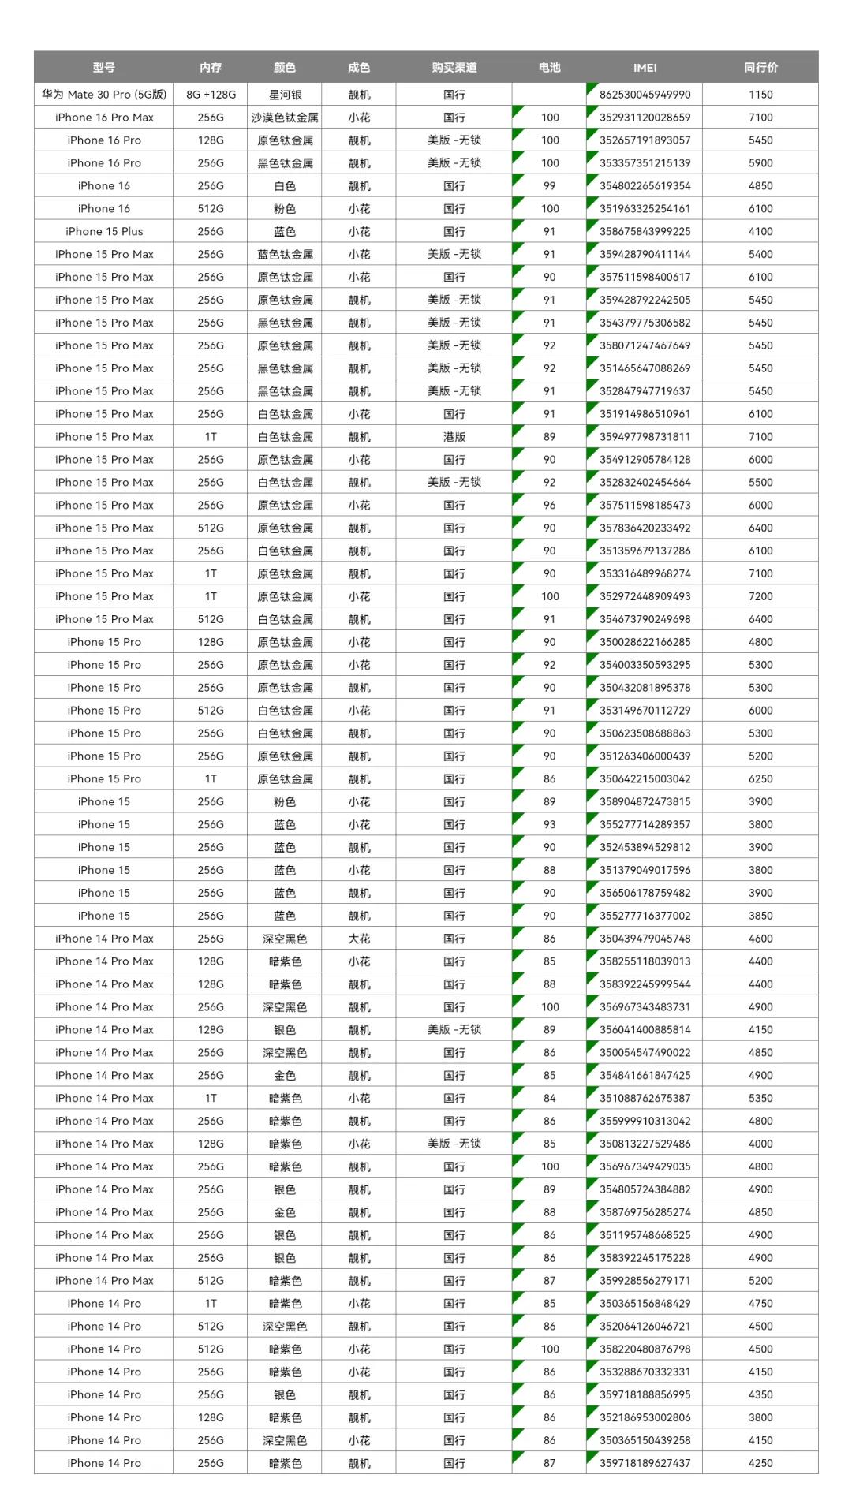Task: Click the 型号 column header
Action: click(x=103, y=68)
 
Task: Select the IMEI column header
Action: click(x=645, y=68)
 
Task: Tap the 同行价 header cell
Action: click(x=760, y=68)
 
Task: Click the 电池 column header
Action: click(x=549, y=68)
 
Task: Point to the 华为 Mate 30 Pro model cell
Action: click(x=104, y=95)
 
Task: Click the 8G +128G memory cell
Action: click(x=211, y=95)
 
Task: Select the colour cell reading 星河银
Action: click(x=285, y=95)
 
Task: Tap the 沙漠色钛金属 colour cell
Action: click(x=285, y=118)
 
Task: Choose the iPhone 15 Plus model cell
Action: click(x=104, y=232)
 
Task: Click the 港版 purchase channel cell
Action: click(x=454, y=437)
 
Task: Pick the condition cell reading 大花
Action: click(x=359, y=939)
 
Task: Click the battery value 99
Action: click(x=549, y=186)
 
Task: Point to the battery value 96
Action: click(x=549, y=506)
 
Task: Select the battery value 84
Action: click(x=549, y=1098)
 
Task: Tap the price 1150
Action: click(x=760, y=95)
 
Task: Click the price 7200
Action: click(x=760, y=596)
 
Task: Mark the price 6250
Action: click(x=760, y=779)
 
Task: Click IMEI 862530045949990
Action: click(x=645, y=95)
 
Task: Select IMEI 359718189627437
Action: click(x=645, y=1463)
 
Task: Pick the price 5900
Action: click(x=760, y=163)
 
